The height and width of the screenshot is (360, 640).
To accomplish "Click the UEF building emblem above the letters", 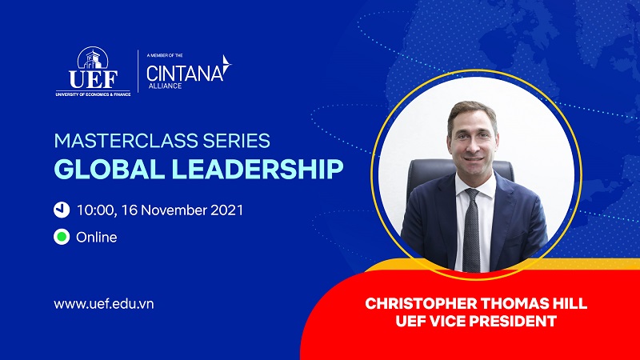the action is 93,58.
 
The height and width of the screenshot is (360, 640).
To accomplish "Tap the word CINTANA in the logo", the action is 185,74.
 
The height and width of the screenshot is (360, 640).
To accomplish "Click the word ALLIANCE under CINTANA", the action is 165,86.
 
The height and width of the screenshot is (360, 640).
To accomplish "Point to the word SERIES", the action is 237,141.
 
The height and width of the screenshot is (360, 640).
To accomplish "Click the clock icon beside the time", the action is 62,210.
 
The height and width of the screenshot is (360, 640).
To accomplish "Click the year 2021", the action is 227,210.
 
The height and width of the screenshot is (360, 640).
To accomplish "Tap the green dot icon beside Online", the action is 62,237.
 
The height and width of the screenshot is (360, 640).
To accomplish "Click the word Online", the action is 97,237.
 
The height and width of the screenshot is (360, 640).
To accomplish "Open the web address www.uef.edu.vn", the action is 104,304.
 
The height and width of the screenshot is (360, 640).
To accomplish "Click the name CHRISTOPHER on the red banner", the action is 422,304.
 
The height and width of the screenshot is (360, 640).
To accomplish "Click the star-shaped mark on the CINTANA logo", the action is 226,66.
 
